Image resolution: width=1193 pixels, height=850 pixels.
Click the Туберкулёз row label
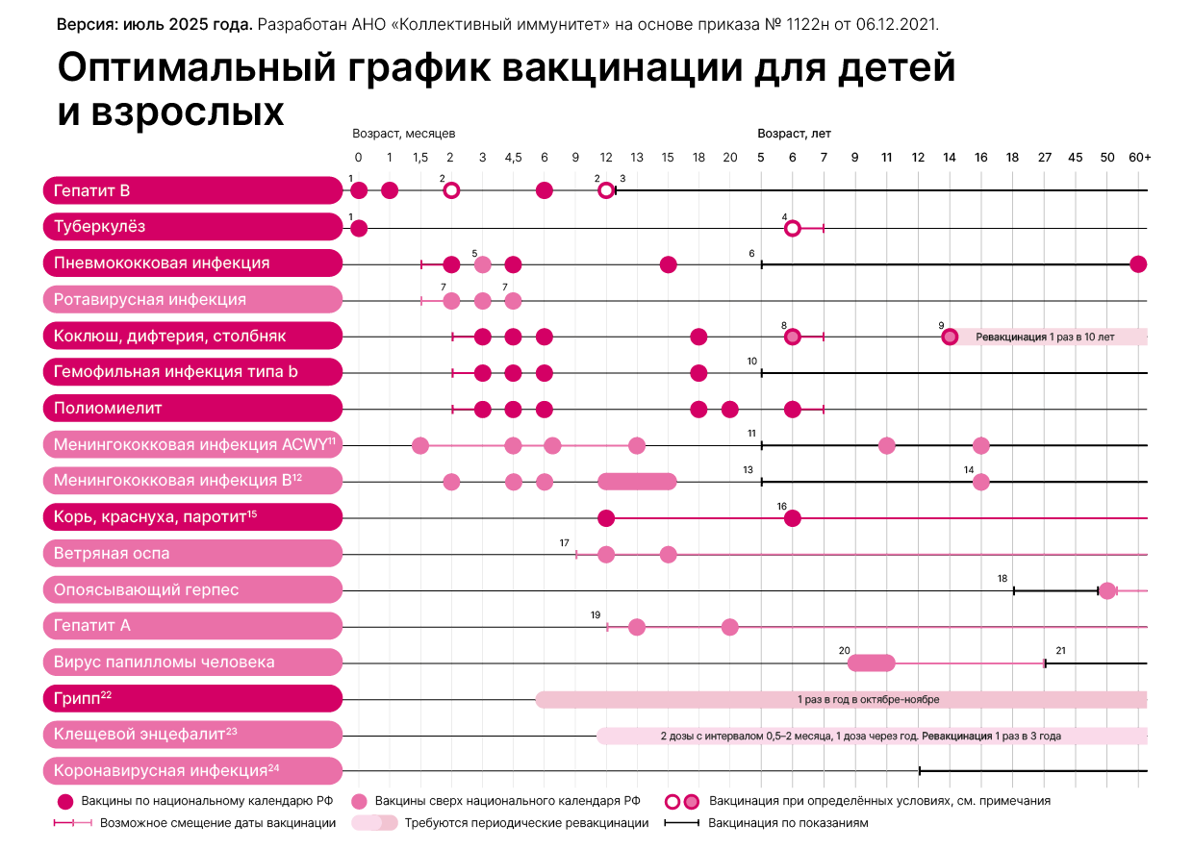click(x=100, y=227)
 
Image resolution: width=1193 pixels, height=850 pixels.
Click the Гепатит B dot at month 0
click(x=359, y=190)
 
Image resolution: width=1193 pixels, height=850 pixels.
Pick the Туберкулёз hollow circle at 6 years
click(x=792, y=228)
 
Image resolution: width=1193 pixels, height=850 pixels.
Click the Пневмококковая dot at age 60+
click(x=1138, y=264)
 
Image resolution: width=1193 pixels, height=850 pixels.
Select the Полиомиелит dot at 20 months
click(x=730, y=410)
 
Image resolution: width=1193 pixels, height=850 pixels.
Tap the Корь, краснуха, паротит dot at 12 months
click(x=606, y=518)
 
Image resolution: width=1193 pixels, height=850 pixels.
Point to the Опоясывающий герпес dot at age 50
click(x=1107, y=590)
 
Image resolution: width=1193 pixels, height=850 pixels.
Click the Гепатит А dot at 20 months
click(x=730, y=627)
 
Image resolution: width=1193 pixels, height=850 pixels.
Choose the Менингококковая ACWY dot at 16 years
click(x=980, y=445)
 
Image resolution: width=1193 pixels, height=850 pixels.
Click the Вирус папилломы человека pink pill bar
click(x=872, y=662)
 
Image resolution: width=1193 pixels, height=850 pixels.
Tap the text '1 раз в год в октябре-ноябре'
click(x=868, y=699)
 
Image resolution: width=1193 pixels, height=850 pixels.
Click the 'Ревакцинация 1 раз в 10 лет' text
click(x=1045, y=337)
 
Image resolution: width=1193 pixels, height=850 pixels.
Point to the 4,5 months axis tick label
click(x=513, y=158)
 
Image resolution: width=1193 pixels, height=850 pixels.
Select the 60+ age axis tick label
click(x=1140, y=158)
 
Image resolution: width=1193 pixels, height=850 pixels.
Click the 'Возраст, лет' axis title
click(x=794, y=134)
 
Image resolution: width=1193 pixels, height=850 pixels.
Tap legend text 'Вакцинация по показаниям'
click(x=788, y=823)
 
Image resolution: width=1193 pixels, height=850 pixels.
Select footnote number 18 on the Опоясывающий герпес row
click(x=1003, y=579)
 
